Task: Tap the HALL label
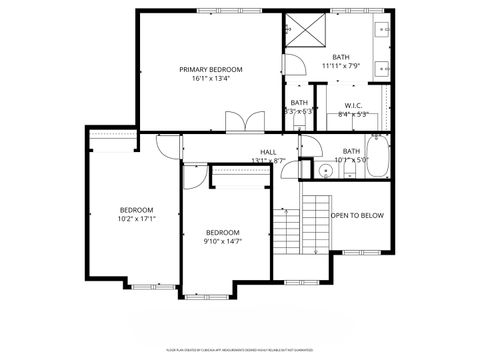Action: [268, 151]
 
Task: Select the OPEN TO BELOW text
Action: [357, 215]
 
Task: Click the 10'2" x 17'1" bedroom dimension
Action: [136, 218]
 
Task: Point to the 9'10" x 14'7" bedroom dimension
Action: [223, 241]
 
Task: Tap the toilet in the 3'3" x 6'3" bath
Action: [298, 120]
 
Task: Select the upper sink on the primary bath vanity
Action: [383, 30]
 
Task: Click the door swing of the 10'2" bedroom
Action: [164, 148]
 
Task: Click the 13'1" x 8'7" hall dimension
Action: [268, 160]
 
